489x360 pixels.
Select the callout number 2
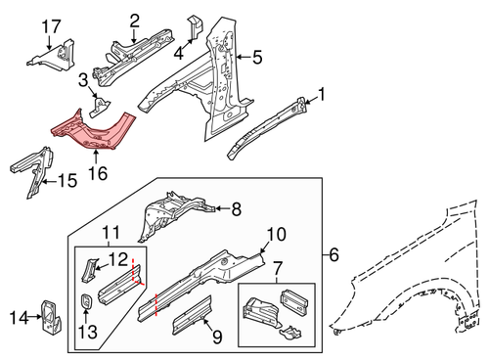[134, 19]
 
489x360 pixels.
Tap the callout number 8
[234, 208]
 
